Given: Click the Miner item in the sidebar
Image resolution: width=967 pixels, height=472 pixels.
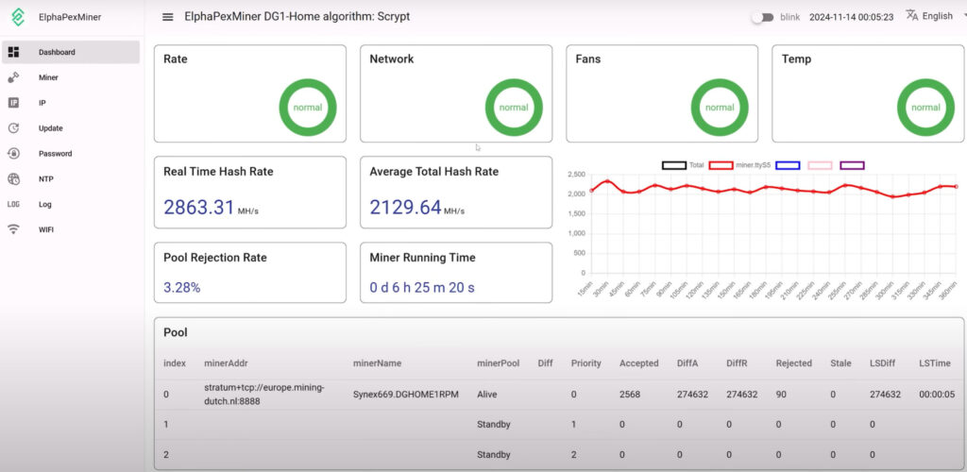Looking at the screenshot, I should point(48,77).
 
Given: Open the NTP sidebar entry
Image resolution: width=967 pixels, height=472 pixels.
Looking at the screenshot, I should point(45,178).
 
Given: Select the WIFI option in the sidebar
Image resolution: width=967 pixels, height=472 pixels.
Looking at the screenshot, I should point(46,229).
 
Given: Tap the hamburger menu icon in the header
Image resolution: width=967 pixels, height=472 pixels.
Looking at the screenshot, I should point(168,17).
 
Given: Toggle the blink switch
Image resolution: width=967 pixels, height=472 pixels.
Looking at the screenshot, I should point(762,17).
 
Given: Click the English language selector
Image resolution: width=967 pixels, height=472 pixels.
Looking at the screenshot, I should point(929,16).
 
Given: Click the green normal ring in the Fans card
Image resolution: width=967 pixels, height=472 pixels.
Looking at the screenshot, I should point(719,108).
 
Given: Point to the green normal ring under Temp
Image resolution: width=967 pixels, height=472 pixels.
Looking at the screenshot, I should point(925,108).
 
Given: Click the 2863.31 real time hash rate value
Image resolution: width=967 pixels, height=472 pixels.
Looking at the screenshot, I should point(199,207).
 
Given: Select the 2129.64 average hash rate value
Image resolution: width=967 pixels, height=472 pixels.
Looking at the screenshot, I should point(405,207).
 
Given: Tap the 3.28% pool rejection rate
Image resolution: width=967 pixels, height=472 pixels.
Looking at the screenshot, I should point(182,287).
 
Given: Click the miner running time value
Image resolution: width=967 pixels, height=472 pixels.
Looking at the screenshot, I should point(422,287).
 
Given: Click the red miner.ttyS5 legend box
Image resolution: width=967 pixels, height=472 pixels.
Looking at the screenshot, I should point(721,165).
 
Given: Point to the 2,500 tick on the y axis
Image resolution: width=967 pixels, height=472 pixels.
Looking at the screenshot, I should point(576,175).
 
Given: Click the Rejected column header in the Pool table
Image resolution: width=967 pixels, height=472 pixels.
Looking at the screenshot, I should point(793,363).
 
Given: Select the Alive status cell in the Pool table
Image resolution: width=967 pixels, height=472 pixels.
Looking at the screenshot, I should point(489,395).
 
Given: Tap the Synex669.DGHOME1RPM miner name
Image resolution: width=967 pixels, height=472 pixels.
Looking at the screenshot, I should point(405,395).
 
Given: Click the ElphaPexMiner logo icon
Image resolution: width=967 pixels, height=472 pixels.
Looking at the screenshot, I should point(18,17).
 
